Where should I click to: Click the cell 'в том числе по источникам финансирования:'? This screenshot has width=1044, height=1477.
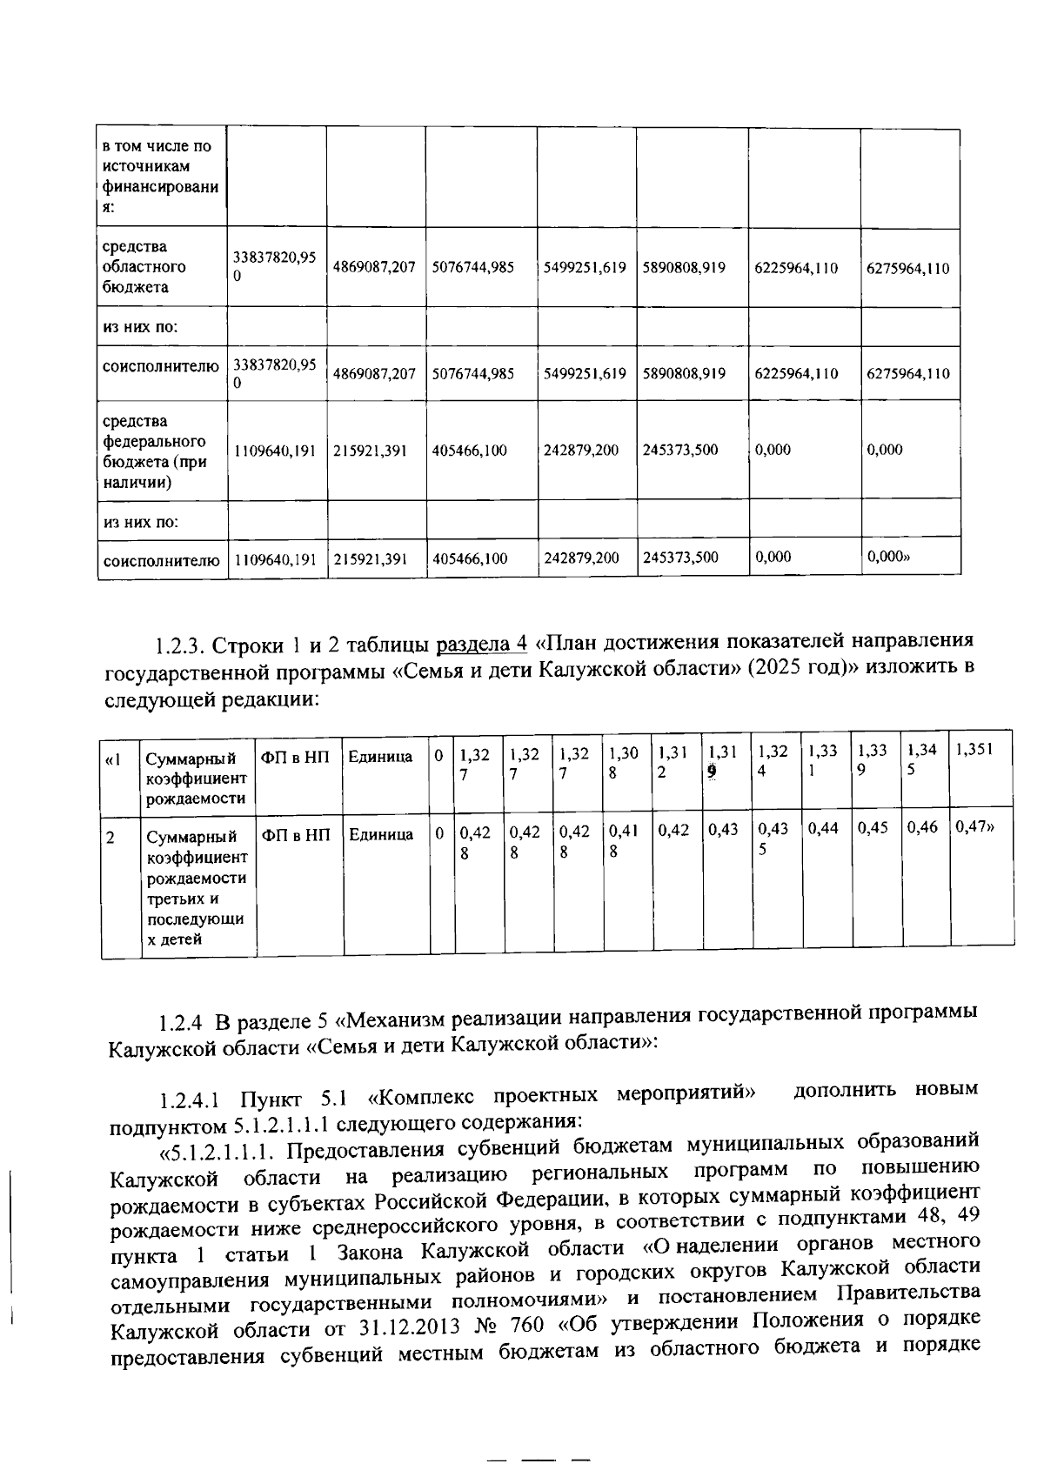pos(160,177)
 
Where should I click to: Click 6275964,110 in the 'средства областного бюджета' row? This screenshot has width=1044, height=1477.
pos(907,268)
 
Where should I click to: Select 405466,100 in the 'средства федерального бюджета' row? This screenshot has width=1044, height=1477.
pos(469,451)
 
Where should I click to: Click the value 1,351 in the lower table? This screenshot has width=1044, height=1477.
pos(973,751)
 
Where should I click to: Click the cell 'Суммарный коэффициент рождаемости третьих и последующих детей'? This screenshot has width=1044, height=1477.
pos(197,887)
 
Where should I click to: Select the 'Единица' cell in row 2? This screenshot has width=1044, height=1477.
pos(380,835)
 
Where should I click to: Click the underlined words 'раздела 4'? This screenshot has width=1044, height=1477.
pos(481,644)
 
